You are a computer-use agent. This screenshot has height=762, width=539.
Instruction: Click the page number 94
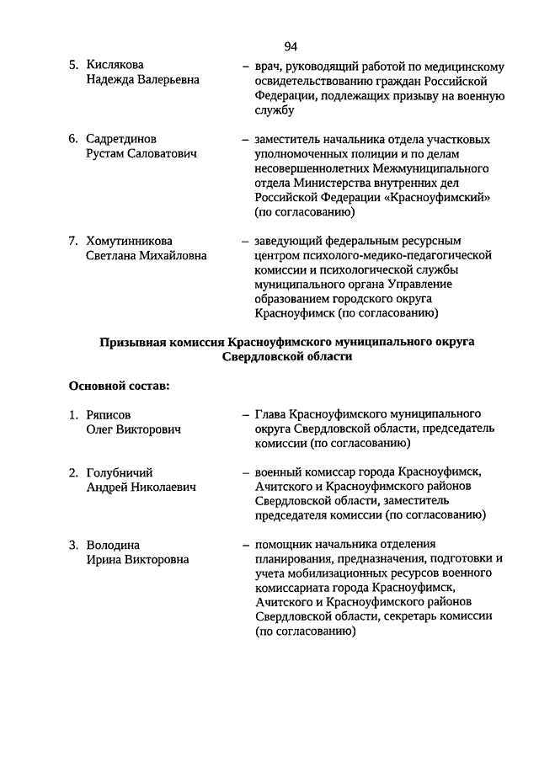pyautogui.click(x=291, y=45)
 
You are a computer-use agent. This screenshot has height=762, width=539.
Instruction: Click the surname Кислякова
pyautogui.click(x=115, y=65)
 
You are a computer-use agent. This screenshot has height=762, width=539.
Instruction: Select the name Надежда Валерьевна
pyautogui.click(x=142, y=80)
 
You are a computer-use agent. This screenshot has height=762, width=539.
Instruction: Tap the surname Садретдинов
pyautogui.click(x=121, y=139)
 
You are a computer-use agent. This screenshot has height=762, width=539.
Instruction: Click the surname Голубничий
pyautogui.click(x=120, y=472)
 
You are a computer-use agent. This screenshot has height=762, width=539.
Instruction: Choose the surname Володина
pyautogui.click(x=113, y=545)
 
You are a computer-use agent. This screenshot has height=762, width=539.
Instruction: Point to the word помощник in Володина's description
pyautogui.click(x=284, y=545)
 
